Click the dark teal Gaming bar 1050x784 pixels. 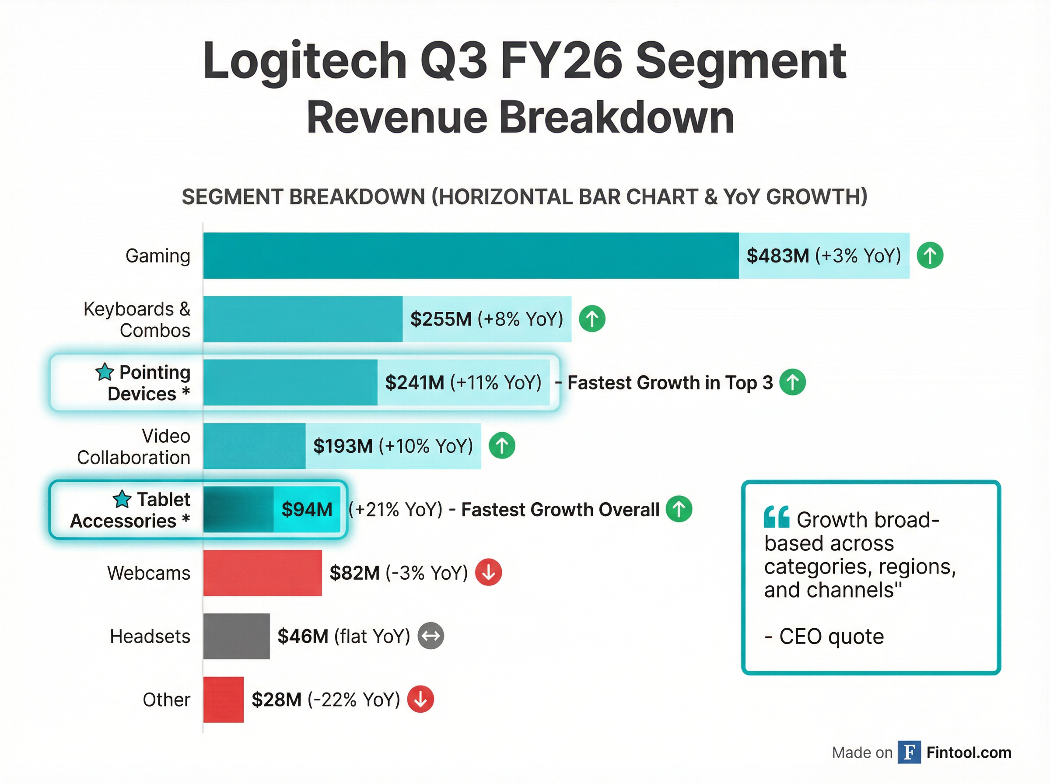[470, 255]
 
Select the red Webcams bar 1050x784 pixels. [262, 573]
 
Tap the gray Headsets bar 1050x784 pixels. [236, 636]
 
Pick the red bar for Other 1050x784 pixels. [224, 700]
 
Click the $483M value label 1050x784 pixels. [777, 256]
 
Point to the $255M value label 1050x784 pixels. [441, 319]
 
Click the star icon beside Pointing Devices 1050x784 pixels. [105, 372]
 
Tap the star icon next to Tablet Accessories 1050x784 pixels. [122, 499]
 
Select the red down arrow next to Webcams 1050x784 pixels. [489, 572]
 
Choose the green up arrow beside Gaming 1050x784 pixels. [930, 256]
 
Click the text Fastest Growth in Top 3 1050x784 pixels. [669, 382]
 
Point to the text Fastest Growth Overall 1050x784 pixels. [560, 510]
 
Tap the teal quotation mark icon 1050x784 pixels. [776, 517]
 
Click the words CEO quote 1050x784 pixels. [831, 636]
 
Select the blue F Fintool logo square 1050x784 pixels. [909, 752]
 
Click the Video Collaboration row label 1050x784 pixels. [134, 447]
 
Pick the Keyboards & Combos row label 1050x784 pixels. [136, 319]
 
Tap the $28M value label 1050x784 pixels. [276, 700]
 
